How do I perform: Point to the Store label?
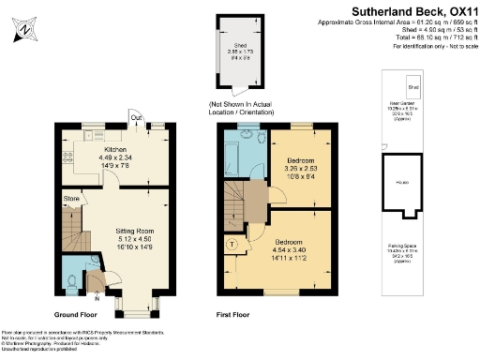[x=71, y=198]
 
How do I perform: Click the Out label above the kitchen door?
[x=137, y=117]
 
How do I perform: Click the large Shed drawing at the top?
[x=240, y=56]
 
